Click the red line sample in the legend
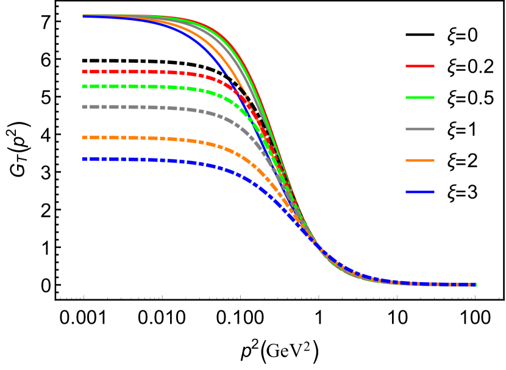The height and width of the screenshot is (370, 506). (x=420, y=66)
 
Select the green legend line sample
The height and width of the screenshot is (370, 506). (x=420, y=98)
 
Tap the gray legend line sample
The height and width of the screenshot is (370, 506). (x=420, y=129)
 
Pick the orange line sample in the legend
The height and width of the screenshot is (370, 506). (x=420, y=161)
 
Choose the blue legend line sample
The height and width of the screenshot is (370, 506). (x=420, y=192)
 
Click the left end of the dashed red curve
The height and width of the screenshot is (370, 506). (x=83, y=71)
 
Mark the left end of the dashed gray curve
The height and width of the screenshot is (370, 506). (x=83, y=107)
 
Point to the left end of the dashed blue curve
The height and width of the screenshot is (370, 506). (x=83, y=158)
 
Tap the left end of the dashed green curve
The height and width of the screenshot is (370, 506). (x=83, y=86)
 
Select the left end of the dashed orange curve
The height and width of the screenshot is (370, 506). (x=83, y=137)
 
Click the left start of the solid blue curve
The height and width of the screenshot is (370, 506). (x=84, y=16)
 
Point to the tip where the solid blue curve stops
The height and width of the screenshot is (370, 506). (x=227, y=74)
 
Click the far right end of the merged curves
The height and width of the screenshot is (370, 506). (x=475, y=284)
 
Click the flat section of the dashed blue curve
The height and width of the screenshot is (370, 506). (x=134, y=159)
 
